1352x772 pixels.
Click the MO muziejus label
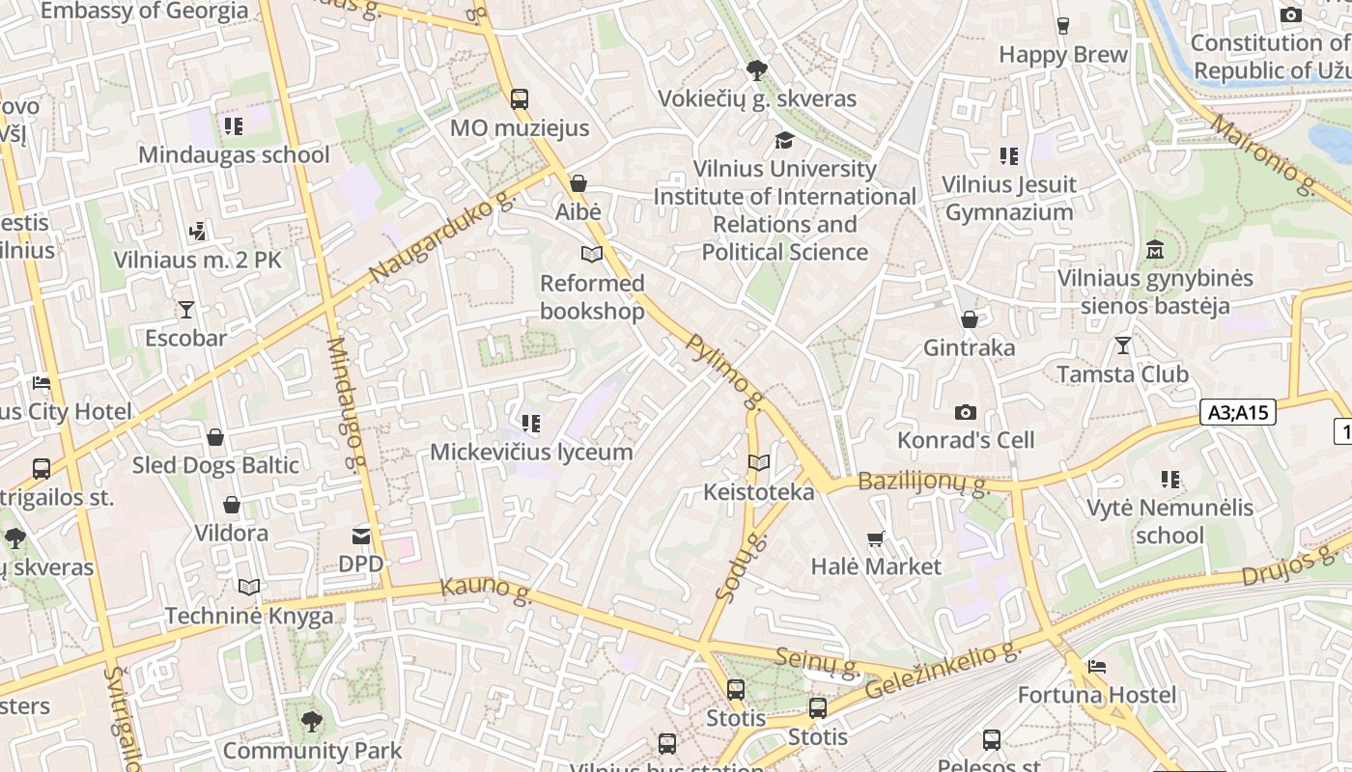[520, 127]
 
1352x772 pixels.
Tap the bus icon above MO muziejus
[520, 98]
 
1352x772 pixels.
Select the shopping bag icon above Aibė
[578, 183]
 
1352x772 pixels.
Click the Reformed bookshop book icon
[591, 255]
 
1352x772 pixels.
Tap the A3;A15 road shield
[1238, 413]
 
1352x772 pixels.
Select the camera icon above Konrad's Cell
[965, 413]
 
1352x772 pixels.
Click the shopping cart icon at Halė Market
[876, 538]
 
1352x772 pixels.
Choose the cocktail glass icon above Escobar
[185, 310]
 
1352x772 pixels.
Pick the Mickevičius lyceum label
[531, 452]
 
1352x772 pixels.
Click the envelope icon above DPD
[361, 536]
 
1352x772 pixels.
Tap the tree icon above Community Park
[311, 721]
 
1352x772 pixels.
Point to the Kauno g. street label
[486, 591]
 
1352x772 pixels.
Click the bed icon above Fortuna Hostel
[1097, 667]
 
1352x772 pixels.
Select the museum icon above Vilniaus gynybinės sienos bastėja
[1154, 250]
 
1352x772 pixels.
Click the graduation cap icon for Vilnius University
[784, 141]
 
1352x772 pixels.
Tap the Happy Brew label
[1063, 55]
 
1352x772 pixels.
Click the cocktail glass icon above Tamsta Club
[1122, 345]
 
